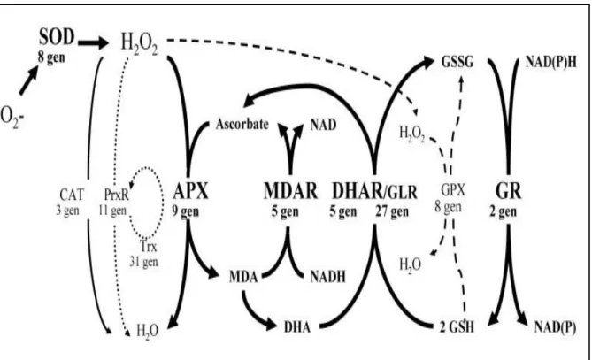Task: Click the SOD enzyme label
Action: click(x=57, y=37)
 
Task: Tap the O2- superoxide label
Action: click(x=12, y=117)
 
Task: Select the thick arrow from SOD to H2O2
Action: click(x=93, y=43)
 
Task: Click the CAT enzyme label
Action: click(x=72, y=195)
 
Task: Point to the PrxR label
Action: click(x=117, y=195)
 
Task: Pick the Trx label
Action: click(x=149, y=247)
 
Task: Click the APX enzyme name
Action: click(x=190, y=191)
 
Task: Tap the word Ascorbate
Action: click(x=242, y=124)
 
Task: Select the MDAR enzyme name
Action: click(x=290, y=191)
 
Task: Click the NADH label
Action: click(x=327, y=277)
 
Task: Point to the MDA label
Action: click(x=243, y=277)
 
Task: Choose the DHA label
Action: click(x=297, y=326)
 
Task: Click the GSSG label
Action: click(x=457, y=62)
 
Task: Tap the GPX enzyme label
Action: click(x=453, y=190)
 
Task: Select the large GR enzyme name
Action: click(x=508, y=191)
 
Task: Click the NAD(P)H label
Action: click(x=550, y=62)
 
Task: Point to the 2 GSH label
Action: click(x=457, y=326)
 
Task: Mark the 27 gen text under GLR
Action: click(x=392, y=211)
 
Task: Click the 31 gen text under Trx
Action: click(x=144, y=262)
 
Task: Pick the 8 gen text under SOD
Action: click(x=51, y=57)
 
